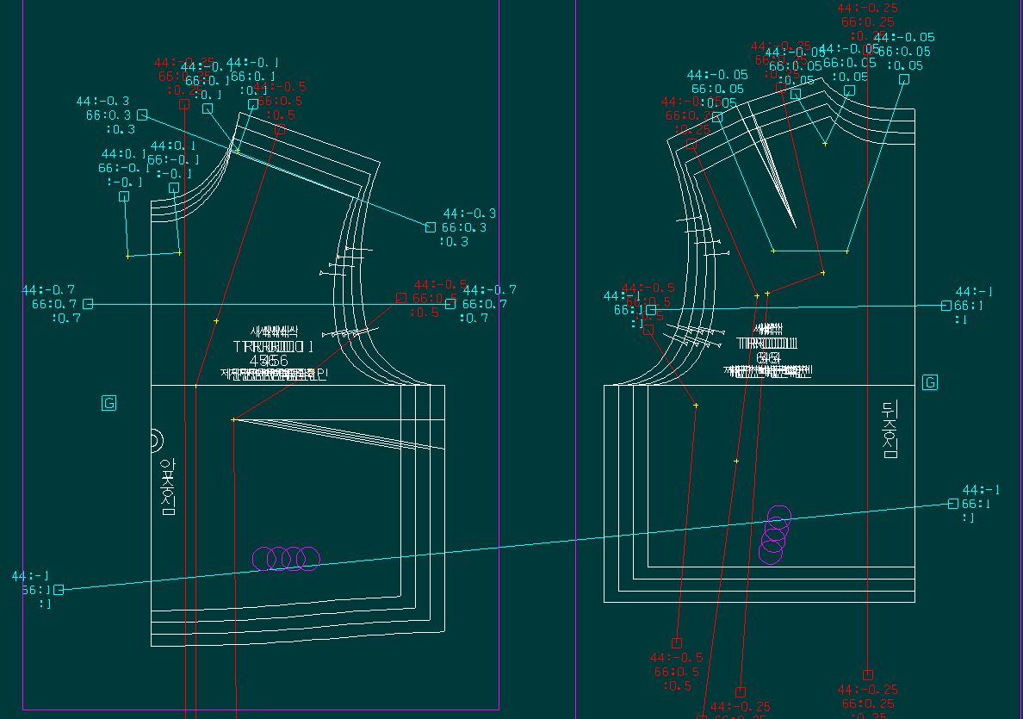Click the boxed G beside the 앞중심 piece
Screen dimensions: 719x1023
tap(108, 403)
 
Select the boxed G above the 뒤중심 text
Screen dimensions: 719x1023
tap(930, 382)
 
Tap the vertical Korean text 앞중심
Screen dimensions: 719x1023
tap(168, 487)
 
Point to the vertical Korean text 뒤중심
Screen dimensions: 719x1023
tap(890, 430)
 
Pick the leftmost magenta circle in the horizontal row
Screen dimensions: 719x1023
tap(265, 559)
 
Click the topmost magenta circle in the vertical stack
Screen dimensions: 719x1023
tap(778, 517)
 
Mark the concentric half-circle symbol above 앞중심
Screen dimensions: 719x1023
tap(156, 441)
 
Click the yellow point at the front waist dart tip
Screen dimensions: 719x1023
tap(233, 419)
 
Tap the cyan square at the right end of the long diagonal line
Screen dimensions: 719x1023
tap(952, 504)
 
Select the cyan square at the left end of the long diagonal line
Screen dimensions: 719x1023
tap(59, 590)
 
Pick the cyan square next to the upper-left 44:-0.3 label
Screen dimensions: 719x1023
tap(142, 115)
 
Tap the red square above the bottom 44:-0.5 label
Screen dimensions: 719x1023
tap(677, 643)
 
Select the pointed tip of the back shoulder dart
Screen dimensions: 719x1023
tap(794, 226)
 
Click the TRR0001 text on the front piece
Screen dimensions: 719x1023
tap(273, 346)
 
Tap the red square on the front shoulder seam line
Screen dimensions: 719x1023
tap(281, 129)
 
